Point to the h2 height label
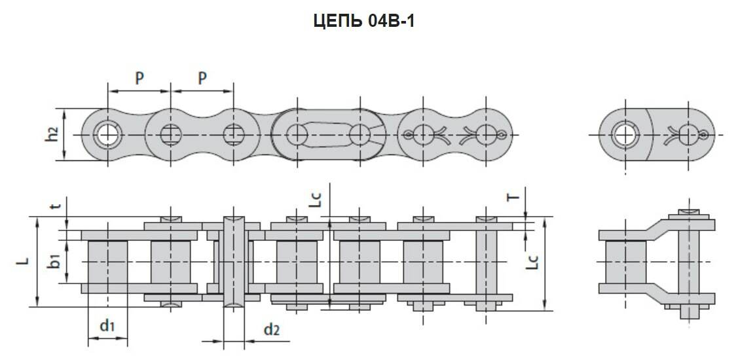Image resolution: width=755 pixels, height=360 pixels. point(53,134)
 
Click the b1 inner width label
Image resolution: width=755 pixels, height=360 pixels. point(56,261)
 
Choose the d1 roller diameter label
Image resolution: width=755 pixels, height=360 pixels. point(107,325)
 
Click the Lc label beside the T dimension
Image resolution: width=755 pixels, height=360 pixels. point(533,262)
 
